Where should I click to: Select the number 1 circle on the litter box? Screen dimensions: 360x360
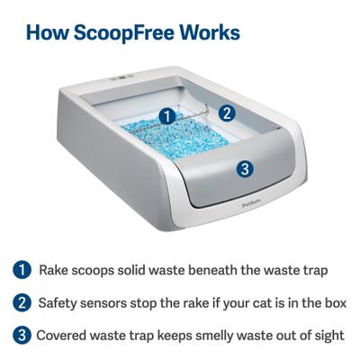(166, 115)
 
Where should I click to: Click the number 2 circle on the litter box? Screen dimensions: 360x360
(228, 113)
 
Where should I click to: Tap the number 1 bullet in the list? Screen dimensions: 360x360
(20, 270)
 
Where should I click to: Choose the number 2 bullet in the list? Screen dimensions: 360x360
(20, 302)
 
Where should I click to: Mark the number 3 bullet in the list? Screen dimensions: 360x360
(20, 335)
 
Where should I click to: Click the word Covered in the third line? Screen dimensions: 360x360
(64, 335)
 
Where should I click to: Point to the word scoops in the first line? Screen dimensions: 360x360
(98, 270)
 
